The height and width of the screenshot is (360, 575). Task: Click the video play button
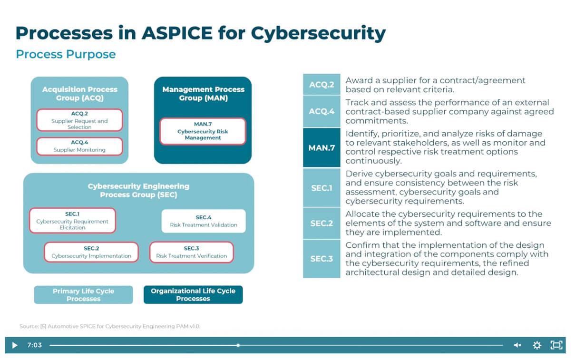tap(14, 345)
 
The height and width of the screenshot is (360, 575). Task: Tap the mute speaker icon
tap(517, 345)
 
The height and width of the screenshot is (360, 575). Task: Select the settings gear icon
tap(537, 345)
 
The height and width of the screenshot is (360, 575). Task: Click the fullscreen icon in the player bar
tap(556, 345)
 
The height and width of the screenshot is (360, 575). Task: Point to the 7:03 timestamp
tap(34, 345)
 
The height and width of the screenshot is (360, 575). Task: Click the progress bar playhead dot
tap(238, 345)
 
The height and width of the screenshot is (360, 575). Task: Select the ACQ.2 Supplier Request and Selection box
tap(79, 120)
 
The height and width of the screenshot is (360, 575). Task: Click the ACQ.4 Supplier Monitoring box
tap(79, 146)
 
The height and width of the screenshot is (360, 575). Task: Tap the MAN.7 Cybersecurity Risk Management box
tap(203, 131)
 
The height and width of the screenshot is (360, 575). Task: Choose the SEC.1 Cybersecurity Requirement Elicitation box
tap(72, 221)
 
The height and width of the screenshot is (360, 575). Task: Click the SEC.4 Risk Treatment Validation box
tap(204, 221)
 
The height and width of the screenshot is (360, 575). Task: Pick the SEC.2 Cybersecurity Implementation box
tap(91, 252)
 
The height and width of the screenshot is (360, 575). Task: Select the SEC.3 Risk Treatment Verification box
tap(192, 252)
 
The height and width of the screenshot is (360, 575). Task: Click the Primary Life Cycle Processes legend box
tap(84, 295)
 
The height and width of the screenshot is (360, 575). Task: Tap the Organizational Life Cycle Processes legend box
tap(193, 295)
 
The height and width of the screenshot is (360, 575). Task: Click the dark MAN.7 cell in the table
tap(322, 148)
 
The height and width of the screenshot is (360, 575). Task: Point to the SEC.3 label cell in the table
tap(322, 259)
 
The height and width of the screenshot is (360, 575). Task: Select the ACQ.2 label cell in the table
tap(322, 85)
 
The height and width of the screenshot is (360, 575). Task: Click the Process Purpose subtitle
tap(66, 54)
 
